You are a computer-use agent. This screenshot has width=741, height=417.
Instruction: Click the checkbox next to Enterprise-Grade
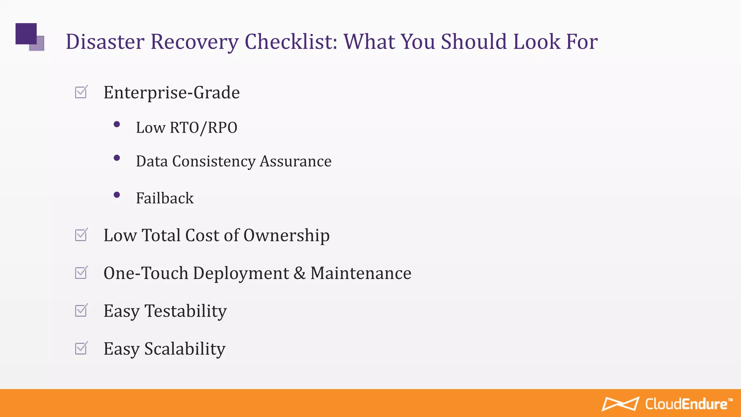click(x=81, y=92)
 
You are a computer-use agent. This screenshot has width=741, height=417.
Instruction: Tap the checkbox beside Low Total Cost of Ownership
click(x=81, y=235)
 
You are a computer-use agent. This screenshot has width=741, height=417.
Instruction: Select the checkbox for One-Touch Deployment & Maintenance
click(x=81, y=273)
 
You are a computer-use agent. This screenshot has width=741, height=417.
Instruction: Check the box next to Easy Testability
click(x=81, y=311)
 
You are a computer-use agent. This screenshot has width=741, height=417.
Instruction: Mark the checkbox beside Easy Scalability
click(x=81, y=349)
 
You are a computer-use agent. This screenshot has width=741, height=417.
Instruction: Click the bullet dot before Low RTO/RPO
click(x=117, y=125)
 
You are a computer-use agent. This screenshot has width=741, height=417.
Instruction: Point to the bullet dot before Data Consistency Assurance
click(x=117, y=158)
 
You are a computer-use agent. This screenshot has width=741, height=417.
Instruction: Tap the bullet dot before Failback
click(x=117, y=195)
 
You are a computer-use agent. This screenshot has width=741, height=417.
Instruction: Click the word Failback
click(x=165, y=198)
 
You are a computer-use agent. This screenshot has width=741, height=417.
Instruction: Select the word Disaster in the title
click(x=105, y=42)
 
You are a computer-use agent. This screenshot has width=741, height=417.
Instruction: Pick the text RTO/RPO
click(x=203, y=128)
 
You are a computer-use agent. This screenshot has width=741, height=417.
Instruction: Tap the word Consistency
click(x=213, y=161)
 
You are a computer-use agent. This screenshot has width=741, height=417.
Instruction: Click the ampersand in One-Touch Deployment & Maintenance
click(x=299, y=273)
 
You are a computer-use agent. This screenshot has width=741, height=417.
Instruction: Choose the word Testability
click(x=186, y=311)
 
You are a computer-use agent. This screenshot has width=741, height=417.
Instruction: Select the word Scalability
click(x=185, y=349)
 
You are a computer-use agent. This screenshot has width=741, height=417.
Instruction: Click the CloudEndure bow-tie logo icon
click(x=620, y=404)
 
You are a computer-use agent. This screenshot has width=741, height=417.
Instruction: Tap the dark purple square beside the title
click(x=26, y=33)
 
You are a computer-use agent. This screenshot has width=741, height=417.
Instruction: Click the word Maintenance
click(x=361, y=273)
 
